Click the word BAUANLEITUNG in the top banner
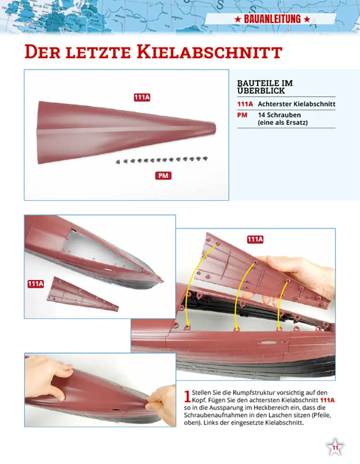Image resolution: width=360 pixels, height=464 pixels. [x=272, y=19]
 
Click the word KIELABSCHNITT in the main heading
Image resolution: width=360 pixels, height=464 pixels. [x=209, y=52]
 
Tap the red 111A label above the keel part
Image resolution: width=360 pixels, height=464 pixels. [x=142, y=98]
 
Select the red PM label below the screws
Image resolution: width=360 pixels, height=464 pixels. [x=163, y=176]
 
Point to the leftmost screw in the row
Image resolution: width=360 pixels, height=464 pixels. [x=118, y=162]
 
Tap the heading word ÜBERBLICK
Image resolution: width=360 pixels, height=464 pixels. [x=261, y=91]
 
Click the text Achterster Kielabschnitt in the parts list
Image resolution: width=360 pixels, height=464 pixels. [x=296, y=104]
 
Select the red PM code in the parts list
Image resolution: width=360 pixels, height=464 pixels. [x=242, y=115]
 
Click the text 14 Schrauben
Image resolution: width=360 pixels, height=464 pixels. [x=279, y=115]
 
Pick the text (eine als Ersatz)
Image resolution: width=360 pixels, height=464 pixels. [x=283, y=123]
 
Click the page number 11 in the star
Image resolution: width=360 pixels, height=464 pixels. [x=335, y=448]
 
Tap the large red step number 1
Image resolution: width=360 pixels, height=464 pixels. [x=187, y=396]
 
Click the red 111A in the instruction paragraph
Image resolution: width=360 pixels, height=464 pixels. [x=327, y=400]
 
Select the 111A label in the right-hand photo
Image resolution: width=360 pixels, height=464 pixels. [x=255, y=239]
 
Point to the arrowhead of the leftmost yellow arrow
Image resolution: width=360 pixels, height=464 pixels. [x=187, y=325]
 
